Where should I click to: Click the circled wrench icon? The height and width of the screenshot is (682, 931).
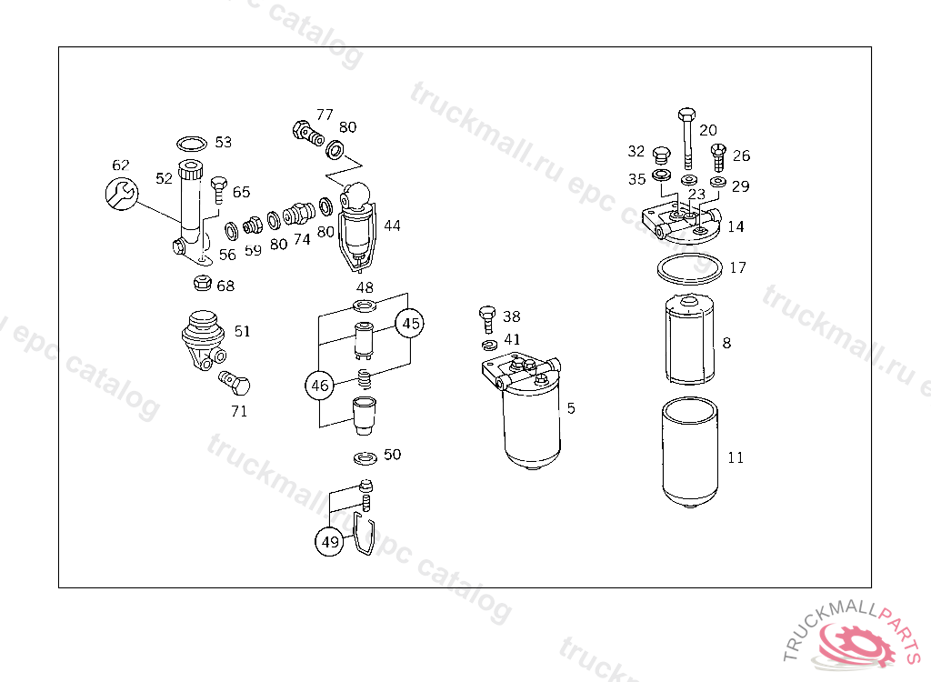122,193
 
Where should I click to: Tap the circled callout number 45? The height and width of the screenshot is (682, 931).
410,323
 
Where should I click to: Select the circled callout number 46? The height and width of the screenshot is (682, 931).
319,385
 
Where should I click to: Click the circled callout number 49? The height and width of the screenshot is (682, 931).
329,541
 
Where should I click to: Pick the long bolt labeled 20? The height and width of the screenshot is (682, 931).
687,139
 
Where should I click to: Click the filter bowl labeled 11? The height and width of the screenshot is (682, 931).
690,452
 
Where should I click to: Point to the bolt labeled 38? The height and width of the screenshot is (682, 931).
487,319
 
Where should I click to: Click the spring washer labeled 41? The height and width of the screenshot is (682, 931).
490,345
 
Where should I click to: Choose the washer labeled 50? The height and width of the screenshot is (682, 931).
365,458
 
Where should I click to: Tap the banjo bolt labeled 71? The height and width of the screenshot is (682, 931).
235,383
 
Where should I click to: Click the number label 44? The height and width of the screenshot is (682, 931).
392,226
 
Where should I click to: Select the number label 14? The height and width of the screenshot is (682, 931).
736,226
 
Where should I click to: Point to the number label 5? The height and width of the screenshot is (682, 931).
571,408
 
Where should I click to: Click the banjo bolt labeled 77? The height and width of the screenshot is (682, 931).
308,133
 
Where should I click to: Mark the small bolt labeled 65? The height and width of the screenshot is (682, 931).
219,189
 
